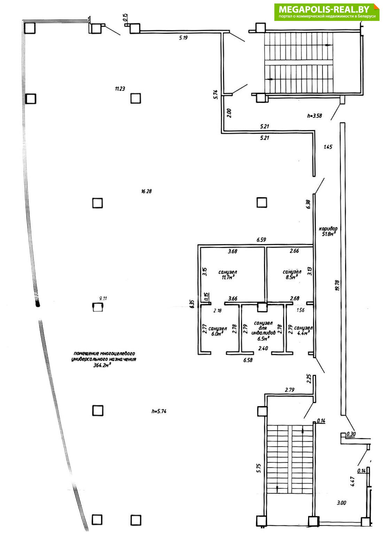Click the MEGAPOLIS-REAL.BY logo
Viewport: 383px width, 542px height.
tap(327, 12)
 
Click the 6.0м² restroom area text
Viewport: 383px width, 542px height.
tap(217, 333)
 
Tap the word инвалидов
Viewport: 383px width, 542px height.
tap(264, 333)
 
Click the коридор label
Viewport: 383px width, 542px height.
tap(328, 229)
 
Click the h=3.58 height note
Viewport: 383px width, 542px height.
tap(314, 116)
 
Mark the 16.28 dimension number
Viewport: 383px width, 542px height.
tap(147, 191)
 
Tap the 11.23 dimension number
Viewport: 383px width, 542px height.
tap(120, 88)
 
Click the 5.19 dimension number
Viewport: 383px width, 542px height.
tap(183, 38)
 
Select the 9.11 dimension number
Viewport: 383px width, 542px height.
tap(103, 298)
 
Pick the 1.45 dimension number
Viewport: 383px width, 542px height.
tap(328, 147)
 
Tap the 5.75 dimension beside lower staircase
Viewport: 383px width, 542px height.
tap(258, 468)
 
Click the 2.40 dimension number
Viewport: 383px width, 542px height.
tap(263, 348)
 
